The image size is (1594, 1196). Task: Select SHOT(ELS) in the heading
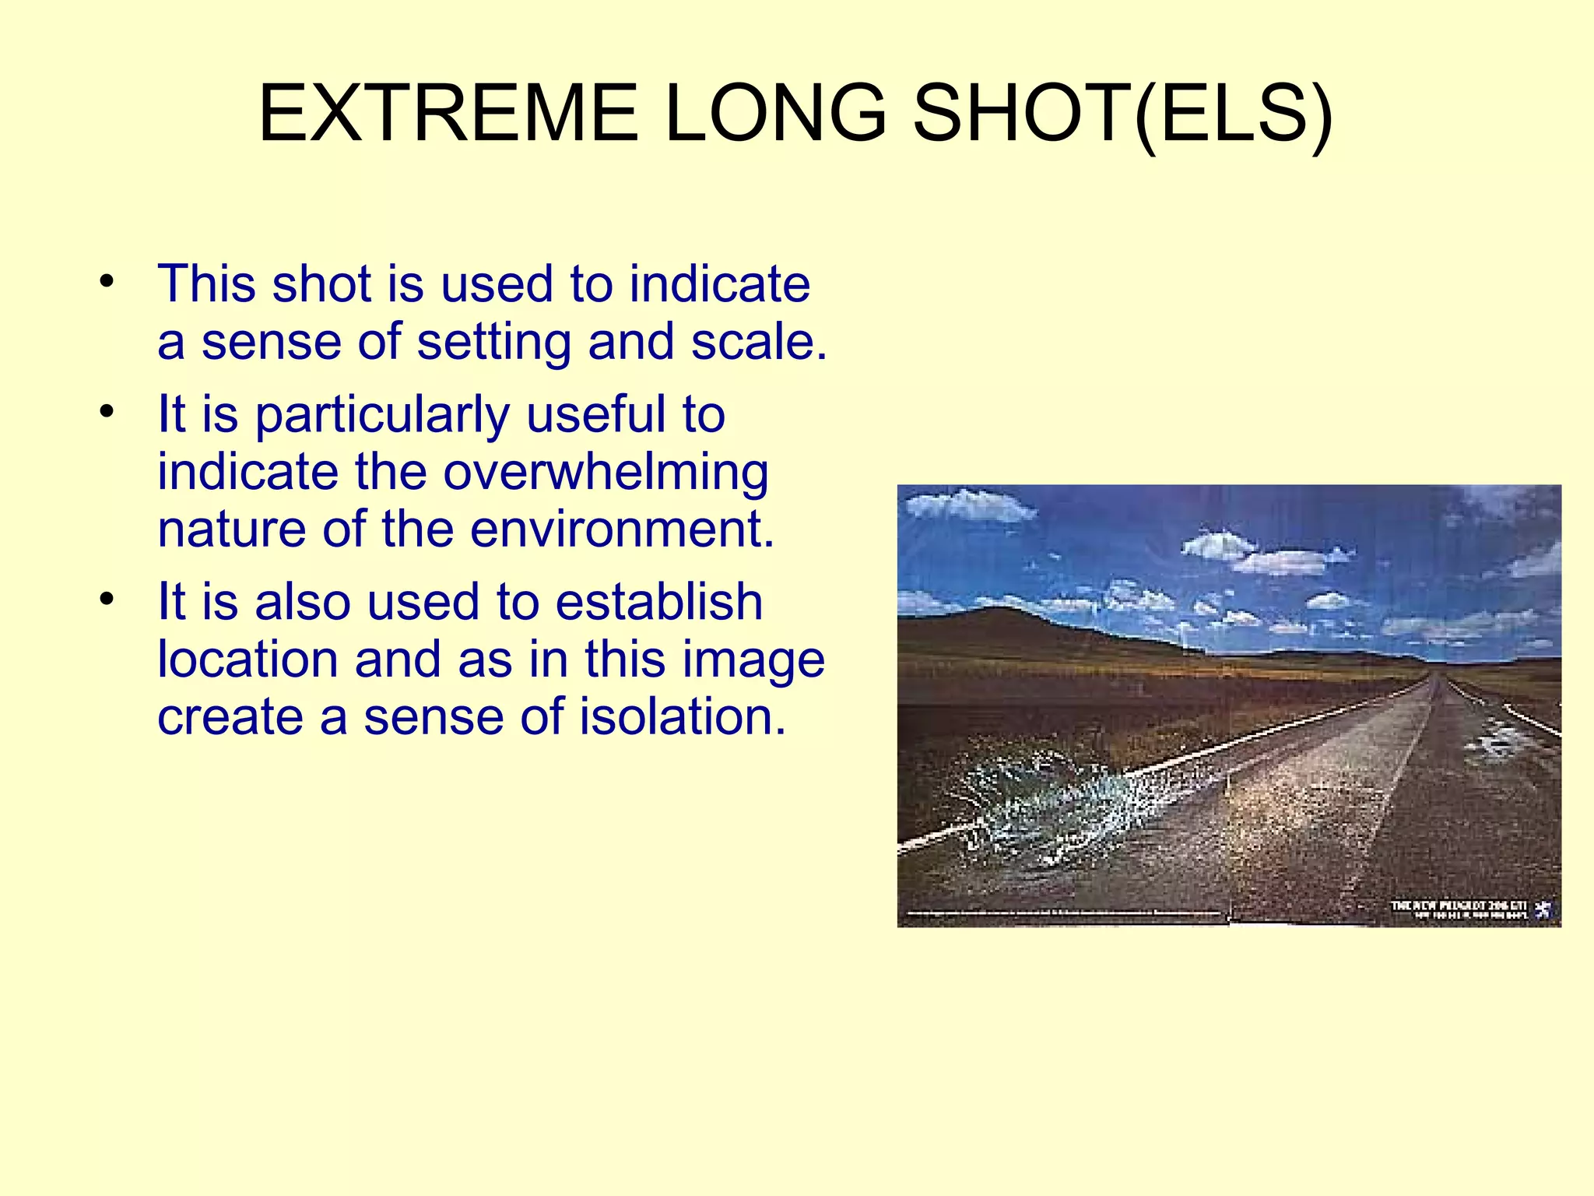1122,115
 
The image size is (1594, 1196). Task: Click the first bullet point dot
107,281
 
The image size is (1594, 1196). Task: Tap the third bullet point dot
107,599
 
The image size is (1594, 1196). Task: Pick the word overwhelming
606,472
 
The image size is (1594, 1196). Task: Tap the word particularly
382,415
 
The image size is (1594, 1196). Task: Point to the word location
248,659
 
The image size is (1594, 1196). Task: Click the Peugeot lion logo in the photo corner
1543,909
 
